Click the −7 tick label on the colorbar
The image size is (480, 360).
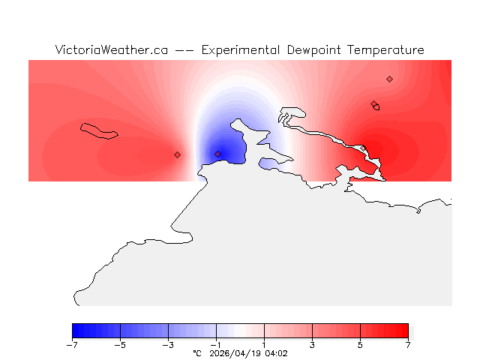[72, 345]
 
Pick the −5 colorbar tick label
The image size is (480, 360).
[120, 345]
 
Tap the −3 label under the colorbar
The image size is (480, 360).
[168, 345]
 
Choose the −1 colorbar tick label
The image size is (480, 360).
[216, 345]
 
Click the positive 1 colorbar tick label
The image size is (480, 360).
[264, 345]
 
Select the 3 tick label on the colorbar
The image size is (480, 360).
[312, 345]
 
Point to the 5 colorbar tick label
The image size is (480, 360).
[360, 345]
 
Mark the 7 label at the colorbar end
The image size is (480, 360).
[408, 345]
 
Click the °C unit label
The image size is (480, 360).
[197, 352]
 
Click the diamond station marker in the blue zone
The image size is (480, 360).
[218, 154]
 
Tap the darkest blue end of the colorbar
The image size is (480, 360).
[75, 330]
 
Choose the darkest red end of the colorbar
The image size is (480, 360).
[405, 330]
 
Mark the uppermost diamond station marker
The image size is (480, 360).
[389, 79]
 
